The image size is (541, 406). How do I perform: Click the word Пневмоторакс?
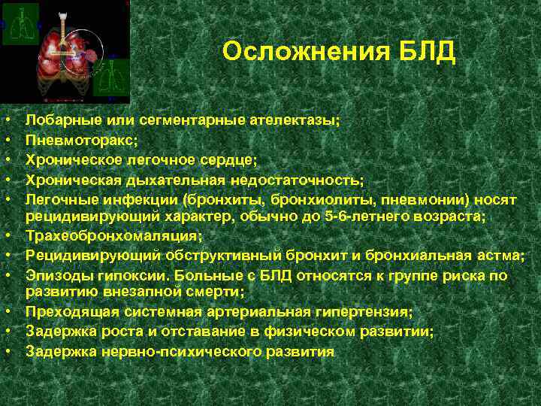[x=80, y=139]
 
